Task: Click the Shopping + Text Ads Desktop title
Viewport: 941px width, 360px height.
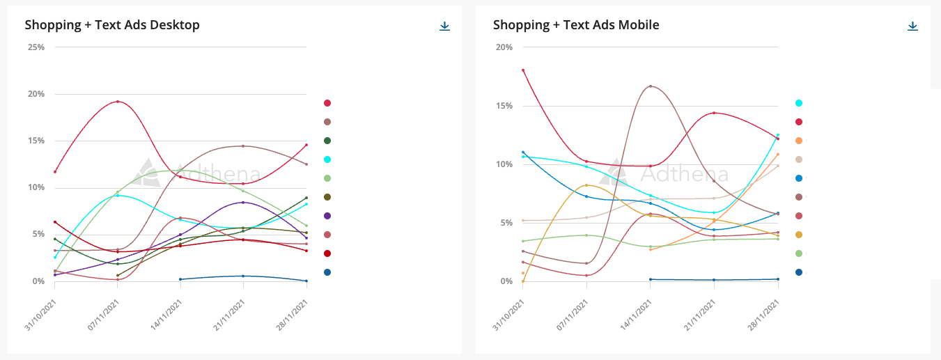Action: pyautogui.click(x=112, y=25)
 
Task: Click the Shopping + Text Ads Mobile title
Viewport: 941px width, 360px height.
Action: pyautogui.click(x=576, y=25)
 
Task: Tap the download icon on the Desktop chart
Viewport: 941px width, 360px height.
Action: pyautogui.click(x=444, y=26)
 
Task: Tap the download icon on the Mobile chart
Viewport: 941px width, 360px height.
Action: pyautogui.click(x=912, y=26)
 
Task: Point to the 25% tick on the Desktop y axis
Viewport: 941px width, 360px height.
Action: pyautogui.click(x=36, y=47)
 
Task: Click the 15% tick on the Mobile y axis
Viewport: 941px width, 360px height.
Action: pyautogui.click(x=504, y=106)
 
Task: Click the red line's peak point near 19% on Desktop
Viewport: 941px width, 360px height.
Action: pyautogui.click(x=118, y=102)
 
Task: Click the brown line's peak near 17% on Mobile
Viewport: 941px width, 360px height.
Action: pyautogui.click(x=650, y=86)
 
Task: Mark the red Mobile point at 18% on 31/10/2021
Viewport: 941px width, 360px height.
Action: pyautogui.click(x=523, y=70)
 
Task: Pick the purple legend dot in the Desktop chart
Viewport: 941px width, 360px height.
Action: pyautogui.click(x=327, y=216)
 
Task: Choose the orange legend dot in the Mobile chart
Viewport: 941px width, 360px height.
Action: pyautogui.click(x=799, y=141)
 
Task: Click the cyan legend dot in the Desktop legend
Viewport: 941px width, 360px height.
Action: pyautogui.click(x=327, y=159)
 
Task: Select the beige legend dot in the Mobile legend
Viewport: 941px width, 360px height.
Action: pyautogui.click(x=799, y=159)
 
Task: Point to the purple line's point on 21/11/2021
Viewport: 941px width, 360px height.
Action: pyautogui.click(x=243, y=203)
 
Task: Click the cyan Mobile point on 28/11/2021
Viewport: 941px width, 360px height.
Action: pyautogui.click(x=777, y=135)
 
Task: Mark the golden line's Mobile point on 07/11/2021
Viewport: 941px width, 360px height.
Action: pyautogui.click(x=586, y=185)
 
